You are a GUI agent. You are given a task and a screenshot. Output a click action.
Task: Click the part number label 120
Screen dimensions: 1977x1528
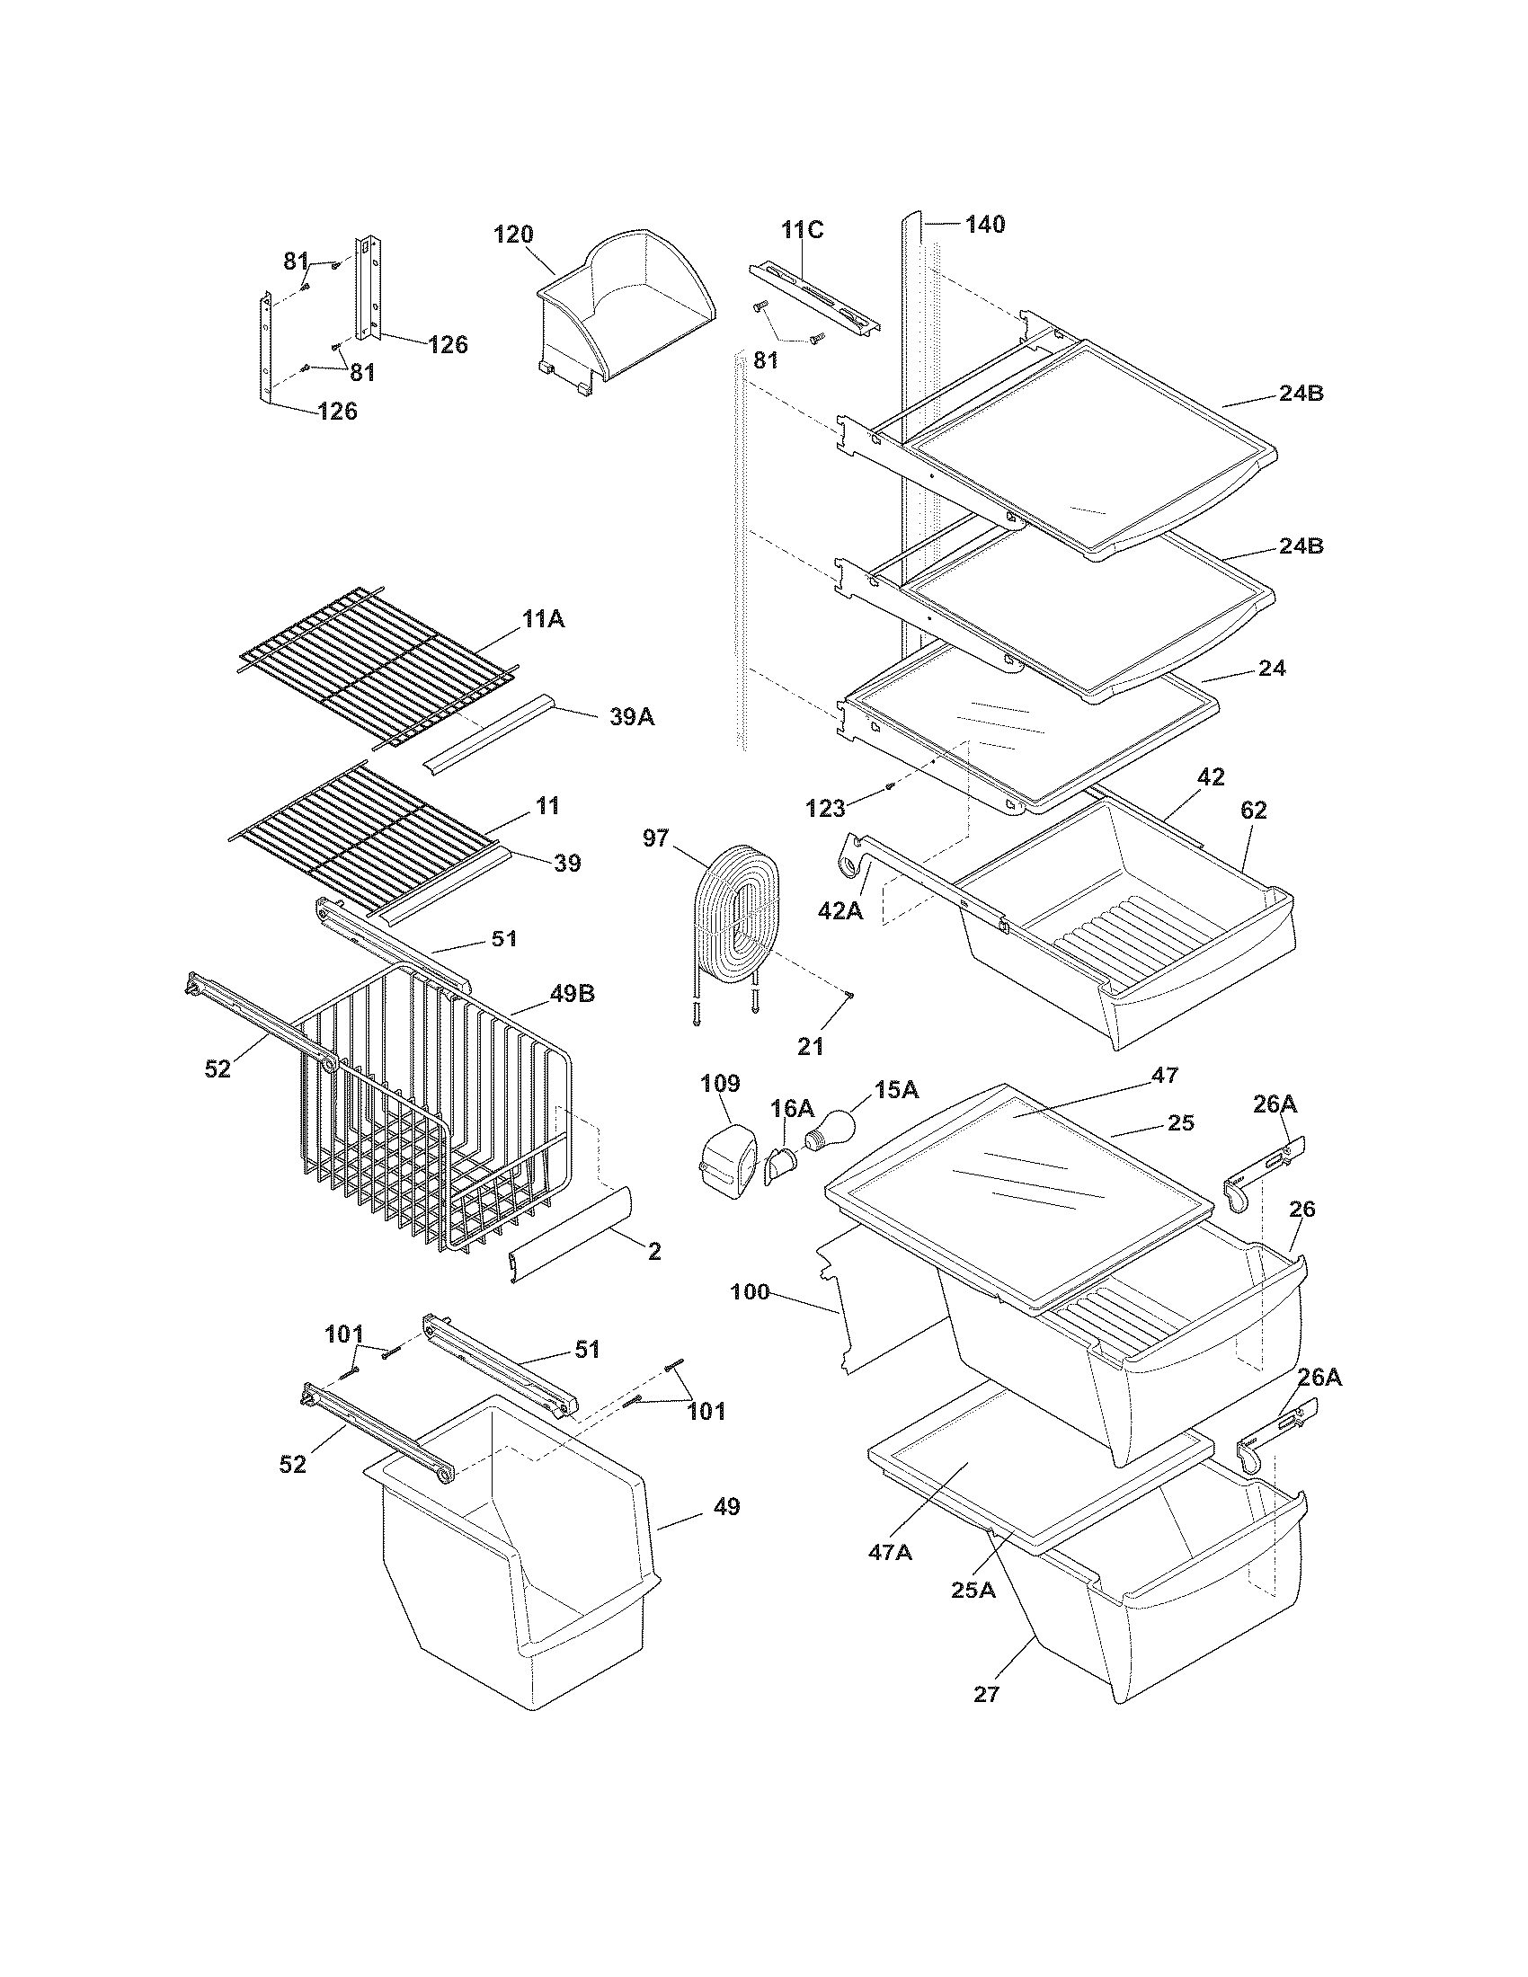[x=512, y=235]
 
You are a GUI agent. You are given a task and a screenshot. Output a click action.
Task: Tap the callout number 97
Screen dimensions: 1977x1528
[x=656, y=838]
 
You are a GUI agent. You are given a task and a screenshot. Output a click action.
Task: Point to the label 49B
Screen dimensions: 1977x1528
[x=571, y=994]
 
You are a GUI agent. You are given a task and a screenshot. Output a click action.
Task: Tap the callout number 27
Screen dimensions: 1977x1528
[x=986, y=1694]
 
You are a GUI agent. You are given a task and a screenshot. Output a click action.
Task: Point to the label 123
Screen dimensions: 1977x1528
[x=824, y=808]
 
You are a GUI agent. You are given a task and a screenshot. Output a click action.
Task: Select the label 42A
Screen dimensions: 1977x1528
[x=840, y=910]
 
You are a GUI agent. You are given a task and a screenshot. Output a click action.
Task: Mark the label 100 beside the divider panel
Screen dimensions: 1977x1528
[x=750, y=1291]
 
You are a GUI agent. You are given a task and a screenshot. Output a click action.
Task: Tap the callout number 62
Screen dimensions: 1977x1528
[x=1254, y=811]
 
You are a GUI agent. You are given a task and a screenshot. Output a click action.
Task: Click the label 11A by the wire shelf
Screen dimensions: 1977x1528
[x=543, y=619]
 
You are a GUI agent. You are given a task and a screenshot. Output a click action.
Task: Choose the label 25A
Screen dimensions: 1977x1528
[x=973, y=1589]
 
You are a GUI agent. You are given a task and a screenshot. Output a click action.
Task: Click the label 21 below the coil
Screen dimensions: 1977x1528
[x=810, y=1046]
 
